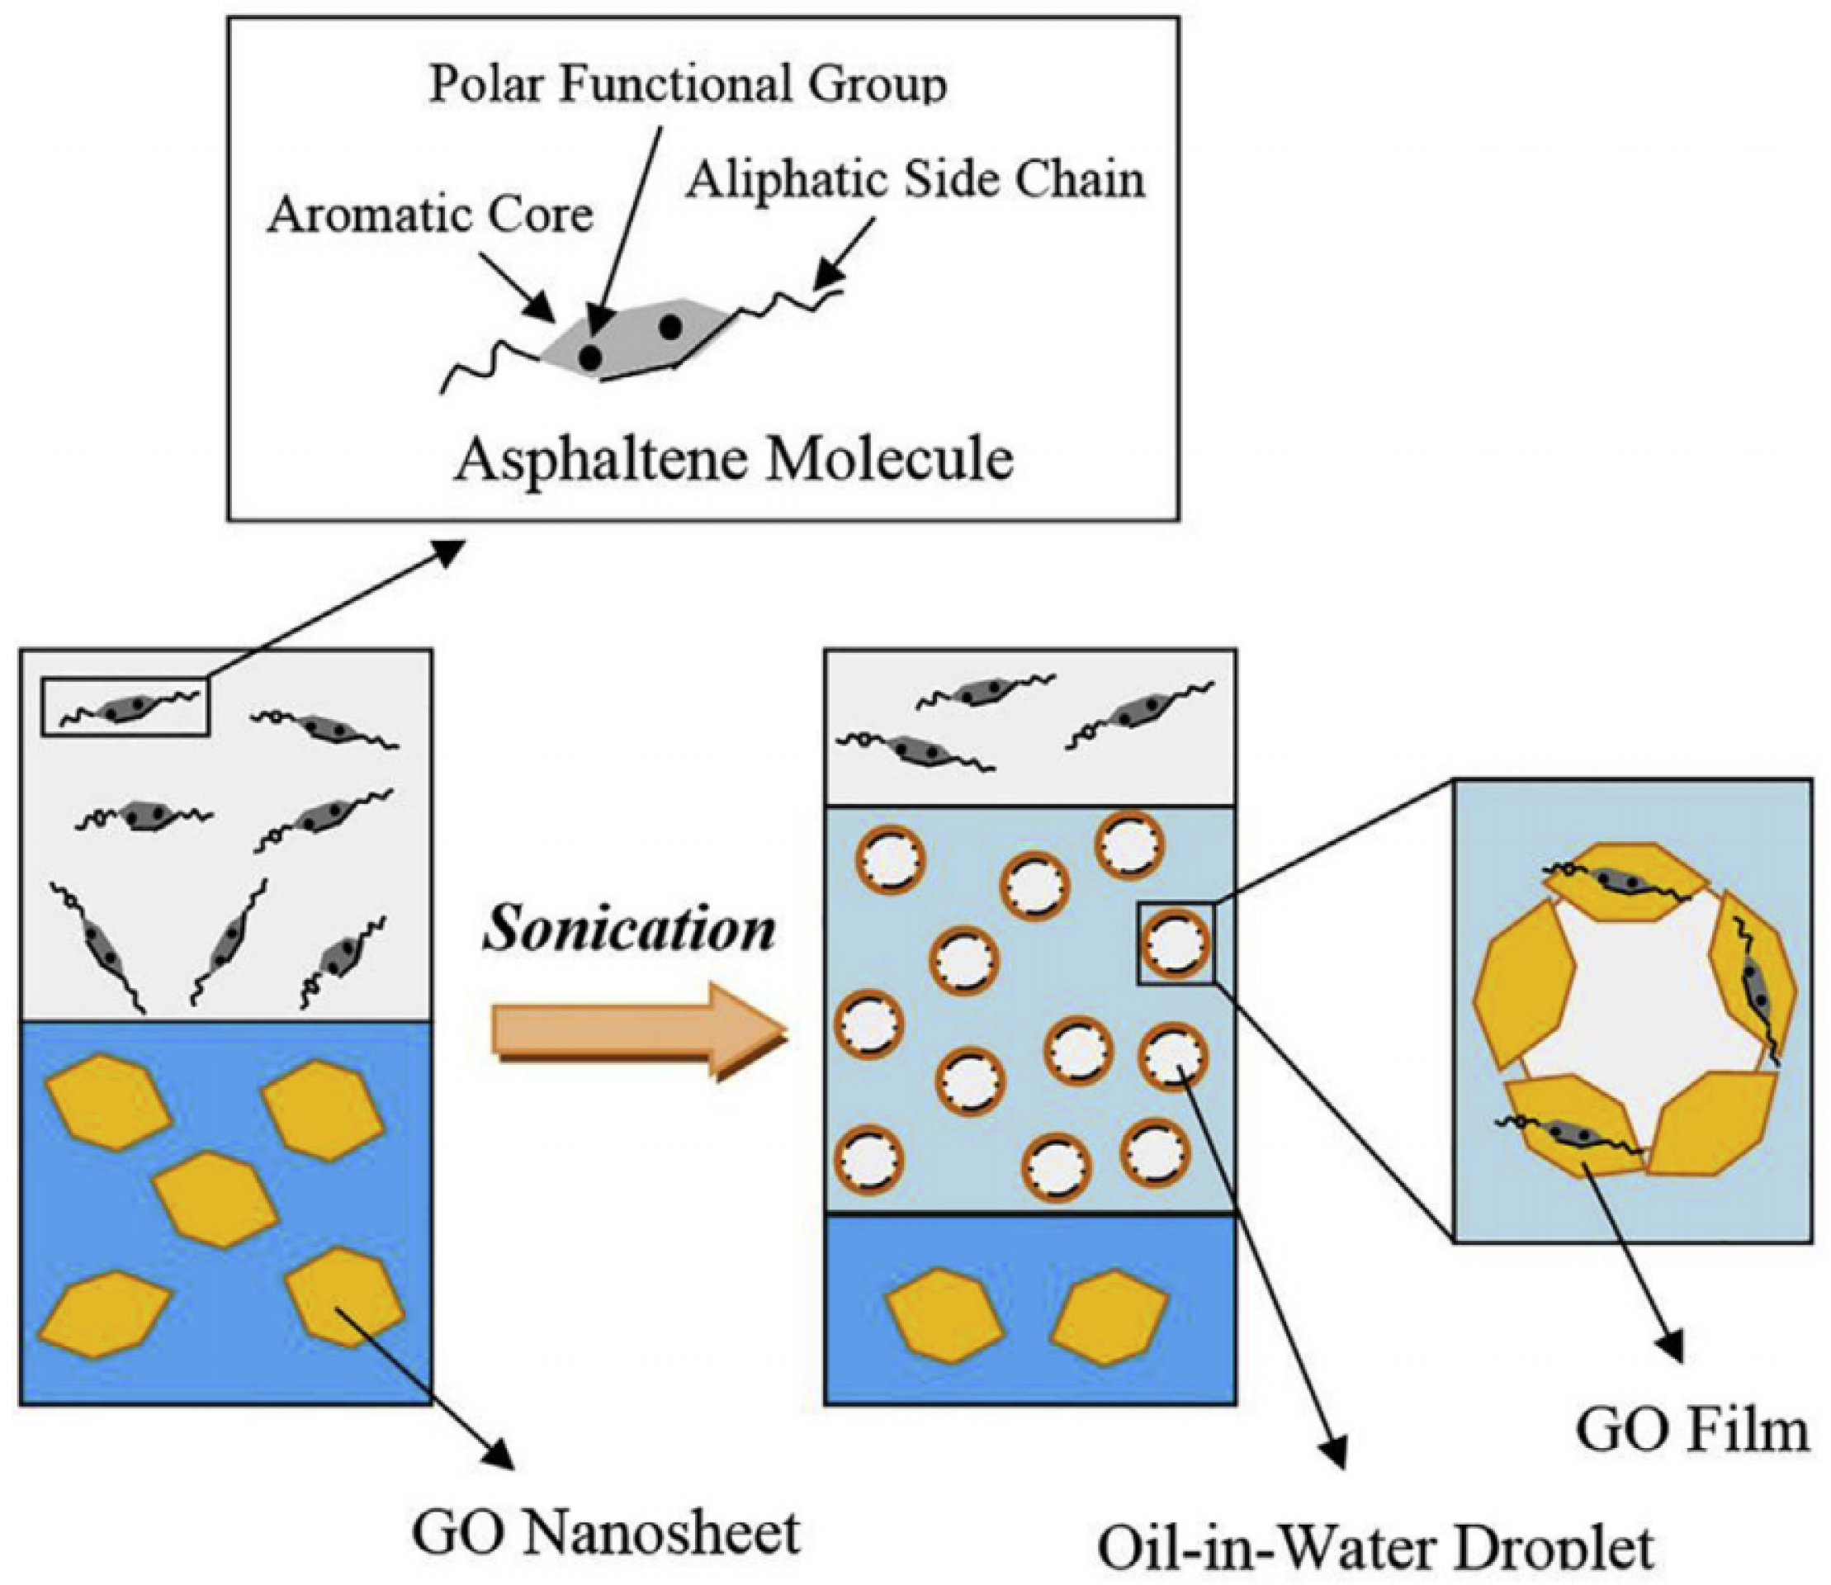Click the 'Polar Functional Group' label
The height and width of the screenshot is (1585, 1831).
coord(688,85)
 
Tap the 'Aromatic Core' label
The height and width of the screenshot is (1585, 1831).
coord(430,215)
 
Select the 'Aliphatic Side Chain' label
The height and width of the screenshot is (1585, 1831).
coord(915,180)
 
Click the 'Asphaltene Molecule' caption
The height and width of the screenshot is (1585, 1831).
coord(733,459)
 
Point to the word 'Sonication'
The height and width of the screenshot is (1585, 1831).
coord(629,930)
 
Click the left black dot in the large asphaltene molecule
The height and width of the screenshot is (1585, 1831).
coord(590,357)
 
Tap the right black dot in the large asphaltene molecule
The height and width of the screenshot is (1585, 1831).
coord(669,326)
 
